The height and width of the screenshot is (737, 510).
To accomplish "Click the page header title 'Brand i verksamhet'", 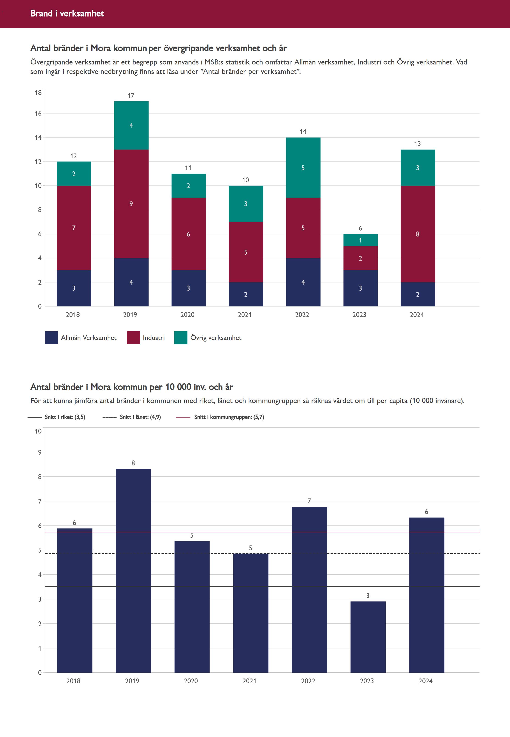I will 67,13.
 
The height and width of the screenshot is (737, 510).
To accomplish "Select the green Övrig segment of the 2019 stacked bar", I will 131,125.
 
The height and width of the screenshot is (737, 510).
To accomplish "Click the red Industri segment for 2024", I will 418,234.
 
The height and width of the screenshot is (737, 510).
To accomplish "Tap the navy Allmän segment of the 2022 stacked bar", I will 303,282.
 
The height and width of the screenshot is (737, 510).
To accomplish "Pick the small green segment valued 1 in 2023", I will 360,240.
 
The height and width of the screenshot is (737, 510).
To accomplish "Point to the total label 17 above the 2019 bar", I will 131,95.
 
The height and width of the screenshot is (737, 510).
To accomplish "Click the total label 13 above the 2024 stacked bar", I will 417,144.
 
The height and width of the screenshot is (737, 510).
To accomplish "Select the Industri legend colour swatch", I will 133,338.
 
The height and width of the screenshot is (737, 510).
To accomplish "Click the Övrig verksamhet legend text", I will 216,338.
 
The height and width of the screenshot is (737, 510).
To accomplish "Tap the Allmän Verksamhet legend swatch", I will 51,338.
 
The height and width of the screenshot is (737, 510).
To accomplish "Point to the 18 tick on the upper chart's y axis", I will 38,93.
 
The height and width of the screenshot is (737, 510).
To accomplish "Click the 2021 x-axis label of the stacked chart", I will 245,315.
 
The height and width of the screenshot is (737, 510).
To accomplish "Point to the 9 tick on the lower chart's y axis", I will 40,452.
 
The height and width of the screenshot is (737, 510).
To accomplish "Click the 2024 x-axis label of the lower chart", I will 426,681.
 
